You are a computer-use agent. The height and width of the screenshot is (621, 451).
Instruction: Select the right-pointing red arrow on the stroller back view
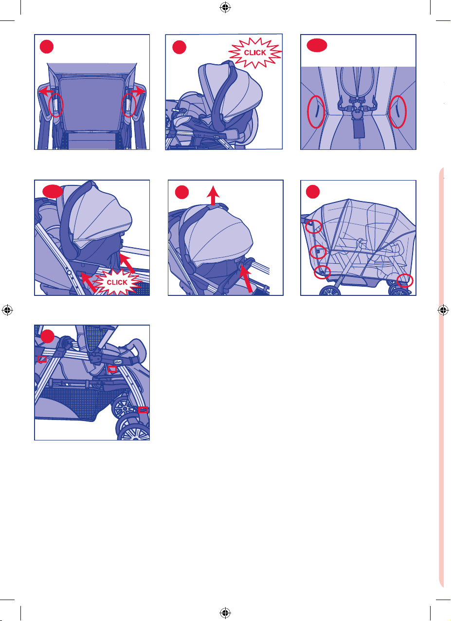pyautogui.click(x=138, y=91)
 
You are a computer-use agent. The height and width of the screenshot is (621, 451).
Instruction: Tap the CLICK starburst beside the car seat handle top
pyautogui.click(x=255, y=53)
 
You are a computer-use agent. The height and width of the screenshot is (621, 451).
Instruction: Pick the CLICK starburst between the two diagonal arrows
pyautogui.click(x=117, y=282)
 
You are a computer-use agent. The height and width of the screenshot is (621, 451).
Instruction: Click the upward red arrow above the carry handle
pyautogui.click(x=213, y=195)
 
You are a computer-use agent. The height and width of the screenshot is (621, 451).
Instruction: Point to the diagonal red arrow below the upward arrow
pyautogui.click(x=247, y=278)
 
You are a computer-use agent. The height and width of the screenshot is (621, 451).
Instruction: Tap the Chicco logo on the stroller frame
pyautogui.click(x=118, y=362)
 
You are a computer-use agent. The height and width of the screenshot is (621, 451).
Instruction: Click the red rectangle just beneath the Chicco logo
pyautogui.click(x=112, y=369)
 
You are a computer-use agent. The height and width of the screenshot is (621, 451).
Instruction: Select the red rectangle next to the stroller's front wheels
pyautogui.click(x=143, y=409)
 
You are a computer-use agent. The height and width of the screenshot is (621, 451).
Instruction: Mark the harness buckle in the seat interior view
pyautogui.click(x=357, y=113)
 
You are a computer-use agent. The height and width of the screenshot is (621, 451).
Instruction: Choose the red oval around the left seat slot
pyautogui.click(x=316, y=112)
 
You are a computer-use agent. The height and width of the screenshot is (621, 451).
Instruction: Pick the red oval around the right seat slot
pyautogui.click(x=397, y=112)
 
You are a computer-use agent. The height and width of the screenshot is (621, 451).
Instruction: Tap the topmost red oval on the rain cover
pyautogui.click(x=313, y=227)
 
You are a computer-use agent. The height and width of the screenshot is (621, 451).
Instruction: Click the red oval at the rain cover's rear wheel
pyautogui.click(x=405, y=280)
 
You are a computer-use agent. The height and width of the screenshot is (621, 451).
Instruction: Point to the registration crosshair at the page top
pyautogui.click(x=225, y=7)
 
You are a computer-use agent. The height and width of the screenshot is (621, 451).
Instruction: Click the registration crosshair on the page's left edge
pyautogui.click(x=7, y=310)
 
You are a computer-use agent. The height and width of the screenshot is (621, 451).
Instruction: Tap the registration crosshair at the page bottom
pyautogui.click(x=225, y=612)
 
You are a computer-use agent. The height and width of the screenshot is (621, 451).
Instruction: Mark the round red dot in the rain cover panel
pyautogui.click(x=313, y=192)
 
